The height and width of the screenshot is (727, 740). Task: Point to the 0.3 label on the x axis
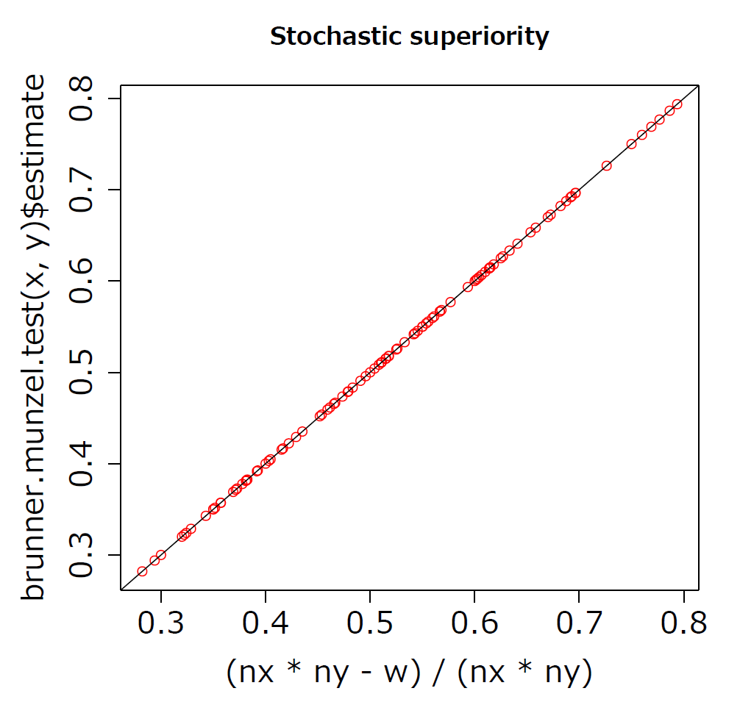[x=160, y=623]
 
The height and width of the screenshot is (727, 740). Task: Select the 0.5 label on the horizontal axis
[x=370, y=623]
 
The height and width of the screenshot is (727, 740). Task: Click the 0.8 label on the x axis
[x=684, y=623]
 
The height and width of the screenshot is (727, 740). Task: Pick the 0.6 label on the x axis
[x=474, y=623]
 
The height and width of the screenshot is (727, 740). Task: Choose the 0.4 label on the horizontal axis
[x=266, y=623]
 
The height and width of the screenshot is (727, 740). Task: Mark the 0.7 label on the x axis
[x=579, y=623]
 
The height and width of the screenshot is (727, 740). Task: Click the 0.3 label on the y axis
[x=87, y=555]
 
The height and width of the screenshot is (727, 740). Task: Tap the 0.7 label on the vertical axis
[x=87, y=190]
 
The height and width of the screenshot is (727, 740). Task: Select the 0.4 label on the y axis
[x=87, y=464]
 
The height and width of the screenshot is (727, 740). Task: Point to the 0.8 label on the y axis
[x=87, y=99]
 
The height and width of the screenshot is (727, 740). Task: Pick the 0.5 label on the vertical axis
[x=87, y=373]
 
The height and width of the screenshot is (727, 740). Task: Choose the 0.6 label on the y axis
[x=87, y=281]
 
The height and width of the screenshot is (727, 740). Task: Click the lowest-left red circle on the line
[x=143, y=571]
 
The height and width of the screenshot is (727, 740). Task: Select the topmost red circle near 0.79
[x=677, y=104]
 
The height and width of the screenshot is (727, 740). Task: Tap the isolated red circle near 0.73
[x=607, y=166]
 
